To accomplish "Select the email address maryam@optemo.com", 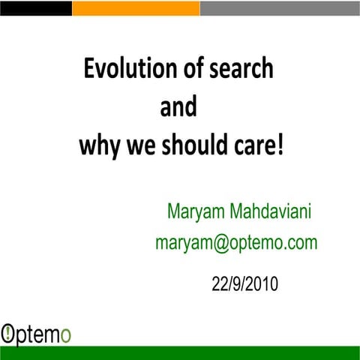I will tap(235, 242).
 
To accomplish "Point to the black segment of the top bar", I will tap(35, 7).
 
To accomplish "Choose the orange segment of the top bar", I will tap(135, 7).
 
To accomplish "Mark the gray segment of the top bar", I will tap(279, 7).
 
